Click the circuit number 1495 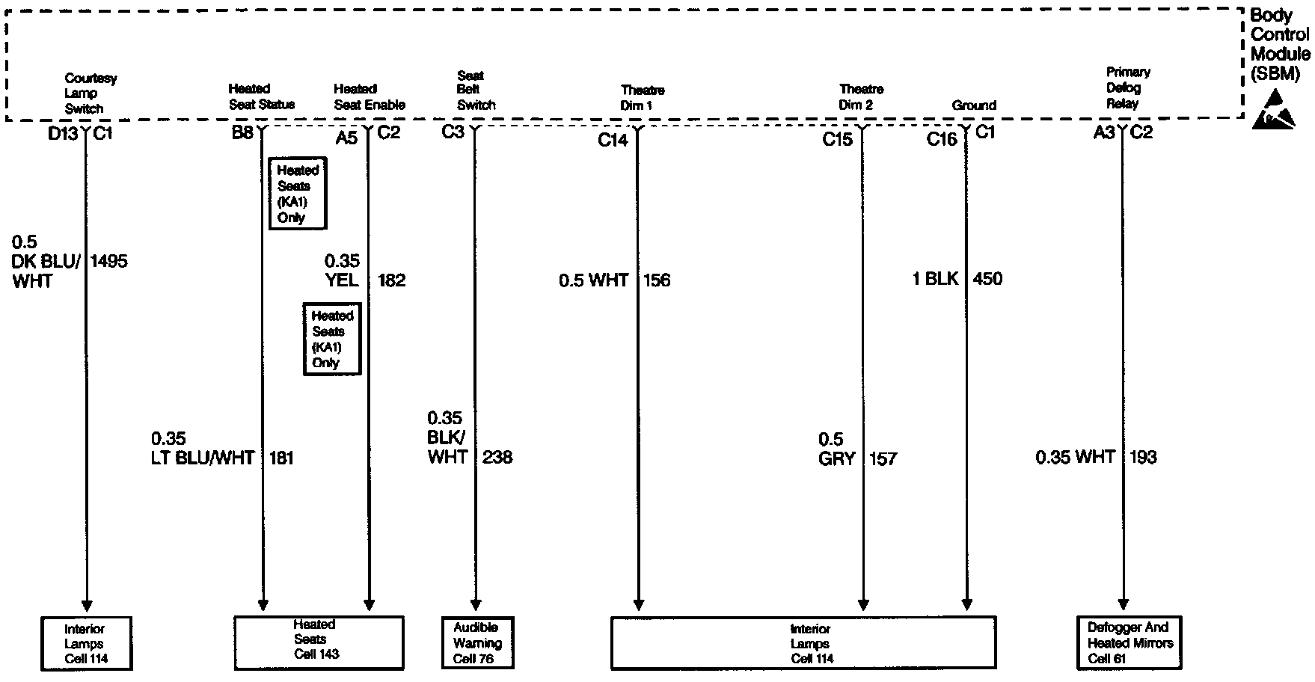click(x=109, y=262)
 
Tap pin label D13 click(x=63, y=134)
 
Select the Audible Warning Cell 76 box click(x=476, y=642)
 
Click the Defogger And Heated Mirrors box click(x=1129, y=642)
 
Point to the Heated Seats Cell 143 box click(x=319, y=642)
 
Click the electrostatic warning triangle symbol click(x=1279, y=110)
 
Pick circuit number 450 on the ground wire click(x=987, y=279)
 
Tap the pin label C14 click(x=613, y=140)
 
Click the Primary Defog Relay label click(x=1127, y=88)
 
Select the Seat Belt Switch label click(x=476, y=90)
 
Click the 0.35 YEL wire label click(x=343, y=271)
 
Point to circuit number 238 click(x=497, y=457)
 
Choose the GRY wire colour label click(x=836, y=458)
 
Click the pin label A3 click(x=1104, y=133)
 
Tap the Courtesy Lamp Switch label click(x=90, y=93)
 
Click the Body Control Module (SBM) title click(x=1280, y=44)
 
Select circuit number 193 click(x=1142, y=457)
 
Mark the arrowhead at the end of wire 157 click(x=863, y=604)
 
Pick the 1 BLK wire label click(x=935, y=279)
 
